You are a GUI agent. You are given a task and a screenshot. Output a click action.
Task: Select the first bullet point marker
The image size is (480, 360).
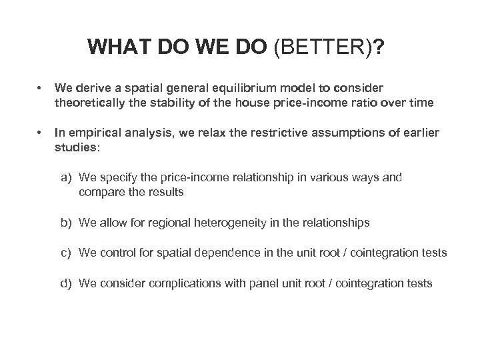tap(41, 88)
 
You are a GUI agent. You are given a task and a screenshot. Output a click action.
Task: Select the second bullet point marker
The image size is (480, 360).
tap(41, 133)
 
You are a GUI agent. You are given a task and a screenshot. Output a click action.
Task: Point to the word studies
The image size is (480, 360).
tap(75, 147)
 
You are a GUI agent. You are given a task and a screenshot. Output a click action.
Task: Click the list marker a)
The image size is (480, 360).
tap(67, 178)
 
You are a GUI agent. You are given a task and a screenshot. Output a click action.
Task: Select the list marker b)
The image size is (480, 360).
tap(67, 223)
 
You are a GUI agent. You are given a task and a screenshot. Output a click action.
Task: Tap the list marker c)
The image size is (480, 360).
tap(67, 253)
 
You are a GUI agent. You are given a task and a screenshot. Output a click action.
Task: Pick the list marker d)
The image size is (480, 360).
tap(67, 283)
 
